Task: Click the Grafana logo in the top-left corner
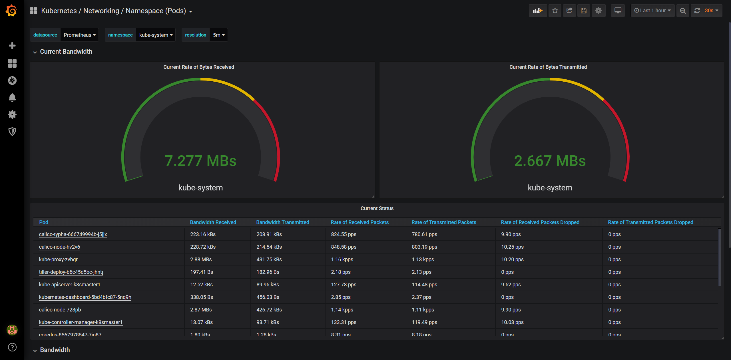pos(11,11)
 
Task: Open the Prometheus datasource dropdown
pos(79,35)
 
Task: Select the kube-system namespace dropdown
pos(156,35)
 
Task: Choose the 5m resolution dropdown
pos(218,35)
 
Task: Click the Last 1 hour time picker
pos(652,11)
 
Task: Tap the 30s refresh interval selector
pos(711,11)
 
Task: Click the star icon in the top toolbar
pos(555,11)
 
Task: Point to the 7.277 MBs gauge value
pos(200,161)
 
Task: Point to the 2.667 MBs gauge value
pos(550,161)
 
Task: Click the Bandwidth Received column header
pos(213,222)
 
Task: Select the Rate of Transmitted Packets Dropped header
pos(650,222)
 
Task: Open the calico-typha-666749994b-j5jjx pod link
pos(73,234)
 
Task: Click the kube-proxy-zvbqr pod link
pos(58,260)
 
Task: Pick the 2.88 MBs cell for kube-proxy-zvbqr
pos(201,260)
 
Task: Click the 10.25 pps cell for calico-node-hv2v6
pos(512,247)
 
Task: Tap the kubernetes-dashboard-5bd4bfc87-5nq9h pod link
pos(85,297)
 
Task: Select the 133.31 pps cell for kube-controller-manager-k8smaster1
pos(344,322)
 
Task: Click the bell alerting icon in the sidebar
pos(12,98)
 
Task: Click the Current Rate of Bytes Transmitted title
pos(548,67)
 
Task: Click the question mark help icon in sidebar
pos(12,347)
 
